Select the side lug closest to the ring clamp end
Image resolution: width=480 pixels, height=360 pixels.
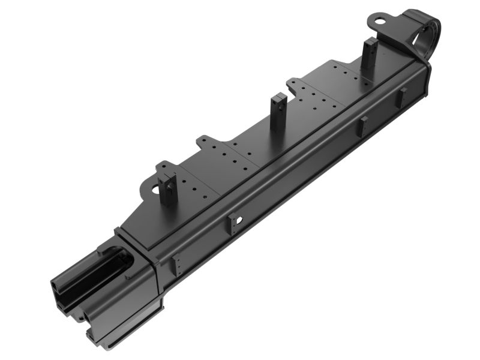pos(403,98)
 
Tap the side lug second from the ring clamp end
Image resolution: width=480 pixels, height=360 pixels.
pos(364,127)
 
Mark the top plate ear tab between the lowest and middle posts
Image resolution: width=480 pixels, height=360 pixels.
pos(208,145)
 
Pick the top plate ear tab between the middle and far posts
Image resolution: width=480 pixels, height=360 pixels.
pos(296,85)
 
